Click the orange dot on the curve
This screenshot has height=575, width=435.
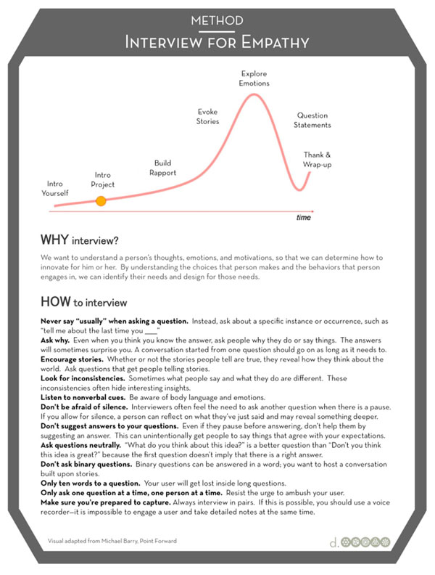tap(101, 200)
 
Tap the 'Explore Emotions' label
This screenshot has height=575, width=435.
tap(254, 78)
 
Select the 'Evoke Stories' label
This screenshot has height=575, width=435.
tap(207, 117)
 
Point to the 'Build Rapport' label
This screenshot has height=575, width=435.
tap(162, 168)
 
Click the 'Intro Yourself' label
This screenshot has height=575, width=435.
tap(56, 189)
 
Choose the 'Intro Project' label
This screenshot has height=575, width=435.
tap(104, 180)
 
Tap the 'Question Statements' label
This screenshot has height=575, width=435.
tap(312, 121)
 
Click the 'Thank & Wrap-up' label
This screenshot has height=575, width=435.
tap(317, 160)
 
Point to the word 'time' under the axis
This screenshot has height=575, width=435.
tap(303, 217)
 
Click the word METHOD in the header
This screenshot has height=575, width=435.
tap(217, 20)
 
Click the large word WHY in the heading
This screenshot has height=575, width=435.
tap(54, 239)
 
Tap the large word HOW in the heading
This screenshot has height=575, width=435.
tap(55, 301)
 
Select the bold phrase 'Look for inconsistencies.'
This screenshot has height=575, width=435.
tap(83, 378)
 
